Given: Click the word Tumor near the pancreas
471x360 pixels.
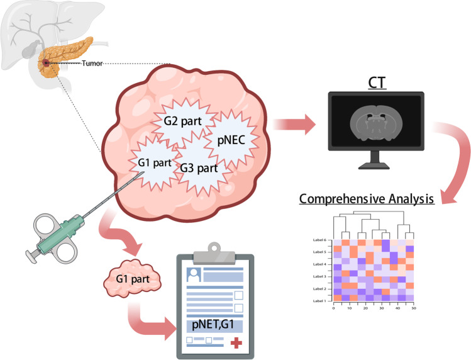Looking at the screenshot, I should tap(92, 64).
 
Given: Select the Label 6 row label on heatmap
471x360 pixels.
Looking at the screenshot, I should tap(319, 240).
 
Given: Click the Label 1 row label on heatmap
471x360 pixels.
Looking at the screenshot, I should tap(319, 301).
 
